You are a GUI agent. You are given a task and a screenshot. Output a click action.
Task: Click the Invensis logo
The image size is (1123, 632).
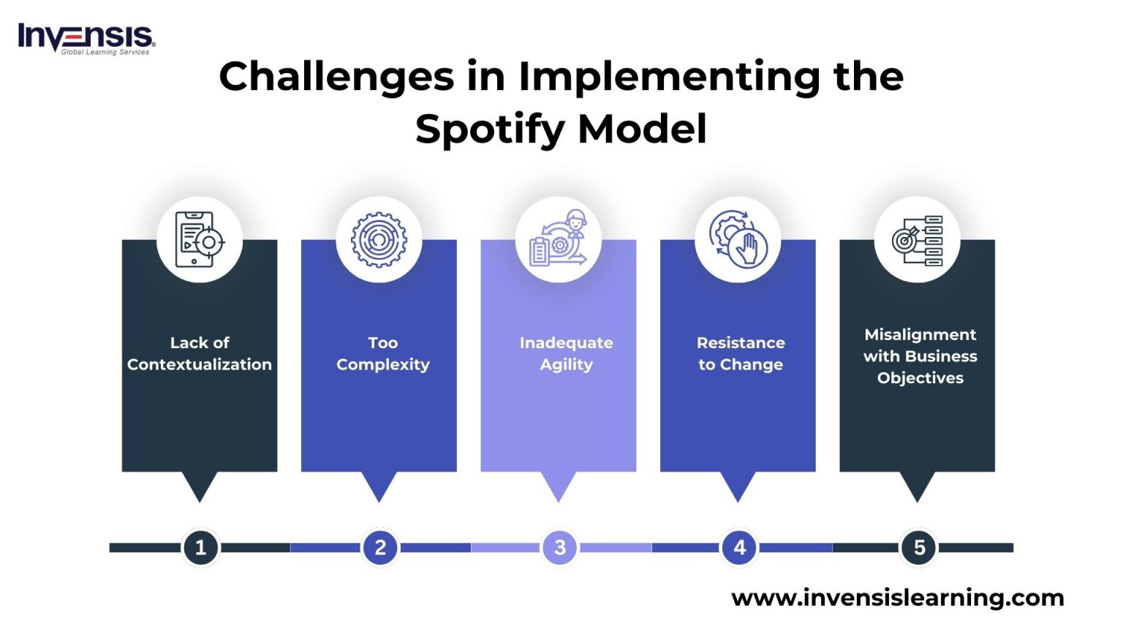[x=86, y=38]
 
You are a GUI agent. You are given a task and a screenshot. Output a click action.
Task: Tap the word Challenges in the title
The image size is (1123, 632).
[x=336, y=76]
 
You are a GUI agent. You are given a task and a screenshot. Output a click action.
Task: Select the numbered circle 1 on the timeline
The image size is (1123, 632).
[x=200, y=547]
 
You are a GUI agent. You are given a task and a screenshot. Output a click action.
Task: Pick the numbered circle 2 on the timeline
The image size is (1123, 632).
[x=380, y=547]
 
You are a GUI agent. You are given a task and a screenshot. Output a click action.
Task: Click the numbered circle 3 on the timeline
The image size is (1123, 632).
[x=560, y=547]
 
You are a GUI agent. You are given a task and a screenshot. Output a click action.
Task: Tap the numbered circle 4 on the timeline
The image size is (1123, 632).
[x=739, y=547]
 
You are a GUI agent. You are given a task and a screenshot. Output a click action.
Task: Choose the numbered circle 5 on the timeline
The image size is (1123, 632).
[x=919, y=547]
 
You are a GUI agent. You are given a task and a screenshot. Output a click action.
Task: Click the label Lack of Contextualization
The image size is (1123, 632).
[x=200, y=353]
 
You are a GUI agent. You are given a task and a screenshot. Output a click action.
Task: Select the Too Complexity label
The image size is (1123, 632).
[x=382, y=353]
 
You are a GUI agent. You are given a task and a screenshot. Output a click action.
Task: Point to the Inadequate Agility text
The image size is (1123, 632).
[x=566, y=353]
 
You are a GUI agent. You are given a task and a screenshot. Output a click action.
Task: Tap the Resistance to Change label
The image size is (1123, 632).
[x=741, y=353]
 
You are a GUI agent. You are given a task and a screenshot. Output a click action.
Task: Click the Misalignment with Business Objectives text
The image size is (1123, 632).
[x=920, y=356]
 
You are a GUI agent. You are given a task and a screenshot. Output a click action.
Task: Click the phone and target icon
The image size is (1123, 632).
[x=199, y=240]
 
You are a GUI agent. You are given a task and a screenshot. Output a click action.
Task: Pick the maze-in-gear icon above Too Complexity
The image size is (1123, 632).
[x=378, y=240]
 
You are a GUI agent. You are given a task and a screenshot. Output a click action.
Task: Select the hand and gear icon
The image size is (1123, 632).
[x=738, y=240]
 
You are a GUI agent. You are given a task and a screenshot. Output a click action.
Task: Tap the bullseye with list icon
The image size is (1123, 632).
[x=917, y=240]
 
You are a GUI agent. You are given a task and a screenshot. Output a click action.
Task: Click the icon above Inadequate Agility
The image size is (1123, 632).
[x=559, y=240]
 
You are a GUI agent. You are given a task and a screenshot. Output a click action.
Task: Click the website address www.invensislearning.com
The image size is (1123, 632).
[x=897, y=598]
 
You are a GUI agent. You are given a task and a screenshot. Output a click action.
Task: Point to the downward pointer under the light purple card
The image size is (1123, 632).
[x=559, y=486]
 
